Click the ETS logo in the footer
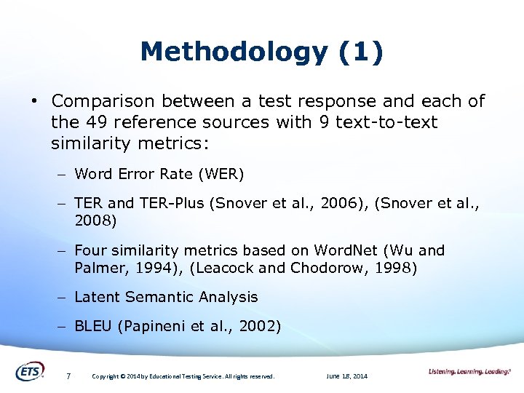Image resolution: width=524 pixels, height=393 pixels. point(30,371)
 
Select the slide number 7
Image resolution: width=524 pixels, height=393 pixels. point(68,376)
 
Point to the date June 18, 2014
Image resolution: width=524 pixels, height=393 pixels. point(347,376)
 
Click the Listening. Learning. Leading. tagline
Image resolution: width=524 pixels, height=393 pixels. point(469,372)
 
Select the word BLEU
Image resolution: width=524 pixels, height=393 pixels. point(93,326)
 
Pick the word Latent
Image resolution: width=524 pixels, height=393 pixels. point(98,297)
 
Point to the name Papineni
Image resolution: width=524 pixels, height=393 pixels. point(156,326)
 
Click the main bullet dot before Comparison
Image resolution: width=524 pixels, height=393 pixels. point(34,101)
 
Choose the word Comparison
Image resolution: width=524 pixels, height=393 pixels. point(103,101)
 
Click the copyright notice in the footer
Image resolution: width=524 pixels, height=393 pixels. point(183,376)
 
